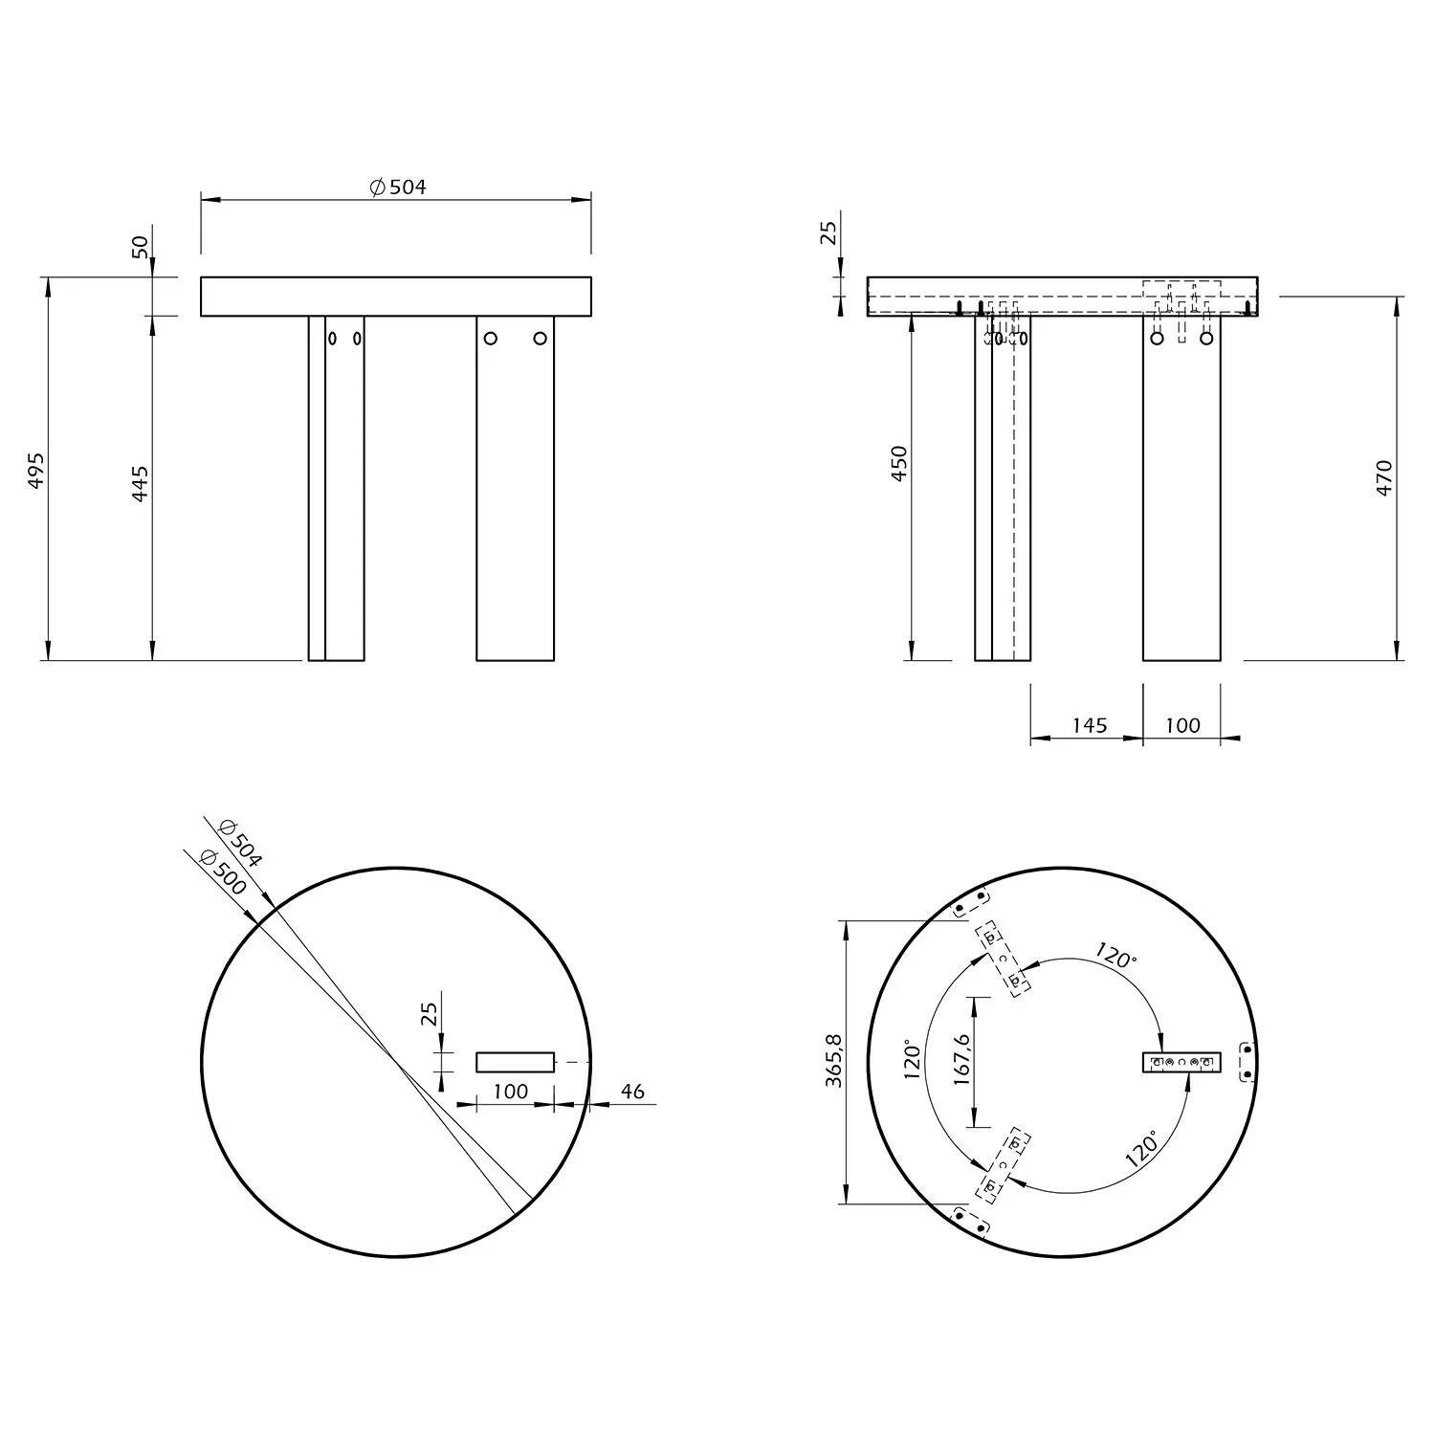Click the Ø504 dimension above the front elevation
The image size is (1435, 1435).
[x=398, y=187]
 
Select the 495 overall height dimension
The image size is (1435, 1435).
[x=36, y=470]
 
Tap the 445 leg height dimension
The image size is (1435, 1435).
[x=141, y=484]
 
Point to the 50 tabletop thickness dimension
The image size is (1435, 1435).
[x=141, y=247]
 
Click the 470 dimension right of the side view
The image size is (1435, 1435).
[x=1384, y=477]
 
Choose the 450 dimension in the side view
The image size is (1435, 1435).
[x=898, y=463]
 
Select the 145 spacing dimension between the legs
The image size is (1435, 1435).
[x=1089, y=725]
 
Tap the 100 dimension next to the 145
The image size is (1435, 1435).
[x=1182, y=725]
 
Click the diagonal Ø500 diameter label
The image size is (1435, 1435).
[x=222, y=873]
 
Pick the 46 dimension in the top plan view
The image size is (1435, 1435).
[x=632, y=1092]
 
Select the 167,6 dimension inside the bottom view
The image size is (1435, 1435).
[x=961, y=1060]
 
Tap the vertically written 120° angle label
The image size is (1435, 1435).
[x=912, y=1060]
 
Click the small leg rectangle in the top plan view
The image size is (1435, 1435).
[x=515, y=1062]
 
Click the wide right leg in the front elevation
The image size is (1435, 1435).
[x=515, y=497]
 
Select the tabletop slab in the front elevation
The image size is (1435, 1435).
[x=395, y=297]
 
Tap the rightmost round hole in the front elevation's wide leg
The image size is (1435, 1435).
[x=540, y=338]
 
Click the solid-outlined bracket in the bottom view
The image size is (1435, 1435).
[x=1182, y=1062]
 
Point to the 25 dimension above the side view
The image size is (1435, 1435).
[x=829, y=232]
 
